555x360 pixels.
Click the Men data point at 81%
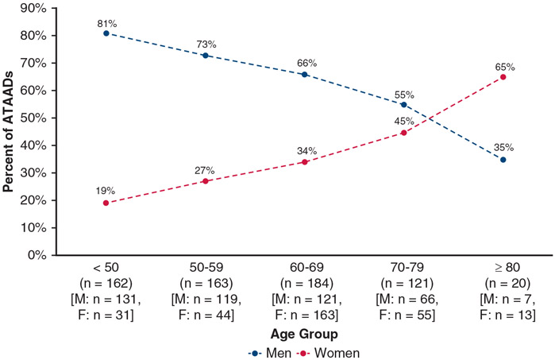106,33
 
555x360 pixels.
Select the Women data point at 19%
106,203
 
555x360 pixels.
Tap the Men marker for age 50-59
205,56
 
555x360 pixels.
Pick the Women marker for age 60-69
304,162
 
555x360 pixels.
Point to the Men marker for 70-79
403,104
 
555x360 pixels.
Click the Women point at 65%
503,77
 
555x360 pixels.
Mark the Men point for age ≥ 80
503,159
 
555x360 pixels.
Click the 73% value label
207,44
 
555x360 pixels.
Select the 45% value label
403,121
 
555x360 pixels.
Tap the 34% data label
306,150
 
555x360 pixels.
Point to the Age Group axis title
304,334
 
